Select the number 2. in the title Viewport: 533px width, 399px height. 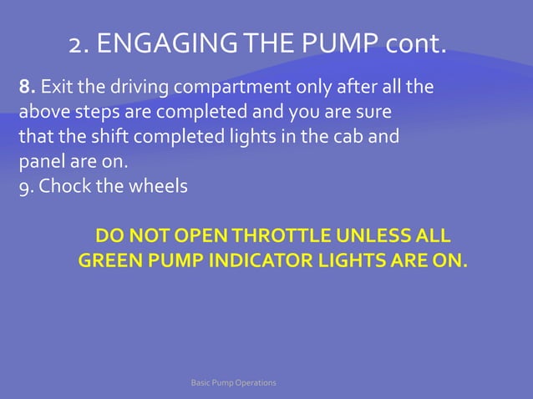tap(79, 43)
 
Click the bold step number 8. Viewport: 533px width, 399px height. tap(26, 86)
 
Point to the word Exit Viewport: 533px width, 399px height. tap(55, 86)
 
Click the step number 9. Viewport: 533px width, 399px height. tap(26, 185)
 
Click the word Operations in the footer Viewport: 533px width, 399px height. tap(252, 382)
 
